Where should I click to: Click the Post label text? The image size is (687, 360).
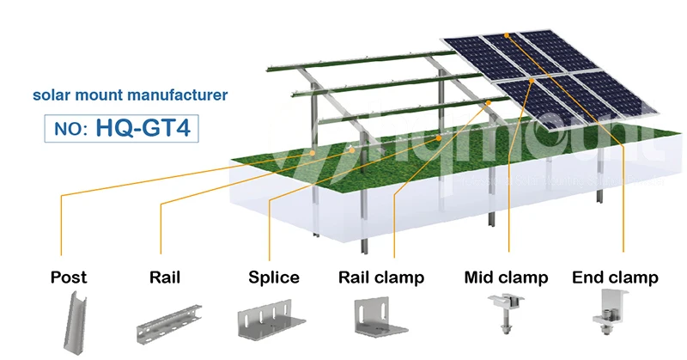(x=69, y=278)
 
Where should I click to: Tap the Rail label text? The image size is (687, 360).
(x=164, y=278)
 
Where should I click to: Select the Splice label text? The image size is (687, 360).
(x=274, y=278)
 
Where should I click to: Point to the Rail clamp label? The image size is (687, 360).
(x=381, y=278)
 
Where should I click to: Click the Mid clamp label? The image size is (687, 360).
(x=506, y=278)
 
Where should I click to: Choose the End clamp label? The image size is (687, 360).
(x=615, y=278)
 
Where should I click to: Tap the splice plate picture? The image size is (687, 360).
(x=271, y=320)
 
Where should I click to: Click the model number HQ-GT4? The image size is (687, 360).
(x=149, y=128)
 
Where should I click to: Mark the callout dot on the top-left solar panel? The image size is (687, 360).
(x=508, y=36)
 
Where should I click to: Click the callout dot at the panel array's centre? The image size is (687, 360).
(x=533, y=80)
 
